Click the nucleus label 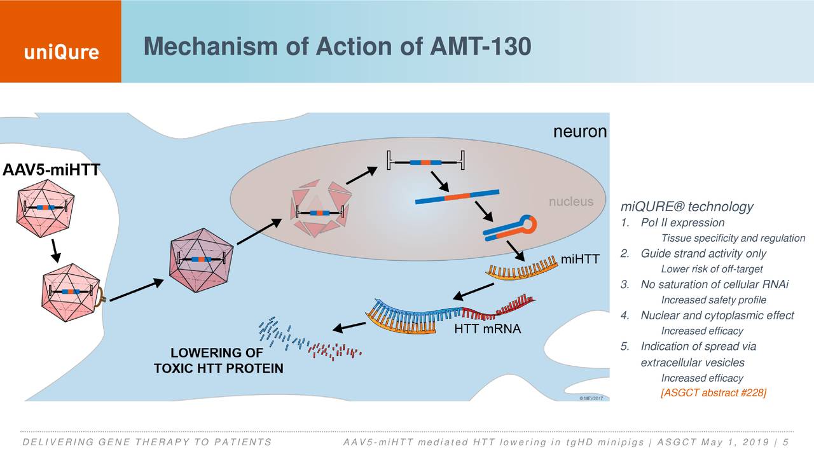tap(571, 202)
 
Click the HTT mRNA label tap(487, 329)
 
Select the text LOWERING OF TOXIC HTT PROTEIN tap(219, 361)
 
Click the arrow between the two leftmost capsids tap(56, 250)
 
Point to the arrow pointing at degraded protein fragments tap(349, 327)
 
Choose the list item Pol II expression tap(682, 223)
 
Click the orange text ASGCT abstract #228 tap(714, 393)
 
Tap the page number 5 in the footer tap(787, 443)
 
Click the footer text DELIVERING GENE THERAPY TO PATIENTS tap(146, 443)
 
